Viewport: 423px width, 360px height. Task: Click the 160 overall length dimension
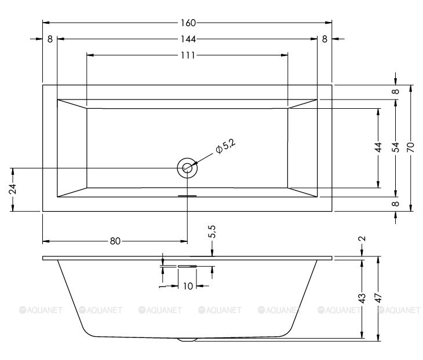click(x=187, y=23)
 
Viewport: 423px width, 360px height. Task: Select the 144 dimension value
click(x=187, y=39)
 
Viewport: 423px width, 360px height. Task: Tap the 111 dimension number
click(x=187, y=55)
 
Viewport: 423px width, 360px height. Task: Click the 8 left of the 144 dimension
click(x=50, y=39)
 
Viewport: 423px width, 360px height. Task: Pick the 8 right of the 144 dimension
click(x=324, y=39)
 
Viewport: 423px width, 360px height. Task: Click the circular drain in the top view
click(x=187, y=168)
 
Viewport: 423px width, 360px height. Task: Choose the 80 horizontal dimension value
click(x=115, y=241)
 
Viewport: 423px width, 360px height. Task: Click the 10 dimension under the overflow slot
click(x=187, y=286)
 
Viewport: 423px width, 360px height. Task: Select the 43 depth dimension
click(x=362, y=299)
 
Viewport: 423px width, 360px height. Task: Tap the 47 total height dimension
click(x=378, y=299)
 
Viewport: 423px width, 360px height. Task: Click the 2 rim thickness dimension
click(x=362, y=239)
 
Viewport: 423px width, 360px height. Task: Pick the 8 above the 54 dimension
click(x=395, y=91)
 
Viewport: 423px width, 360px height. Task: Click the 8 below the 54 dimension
click(x=395, y=204)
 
